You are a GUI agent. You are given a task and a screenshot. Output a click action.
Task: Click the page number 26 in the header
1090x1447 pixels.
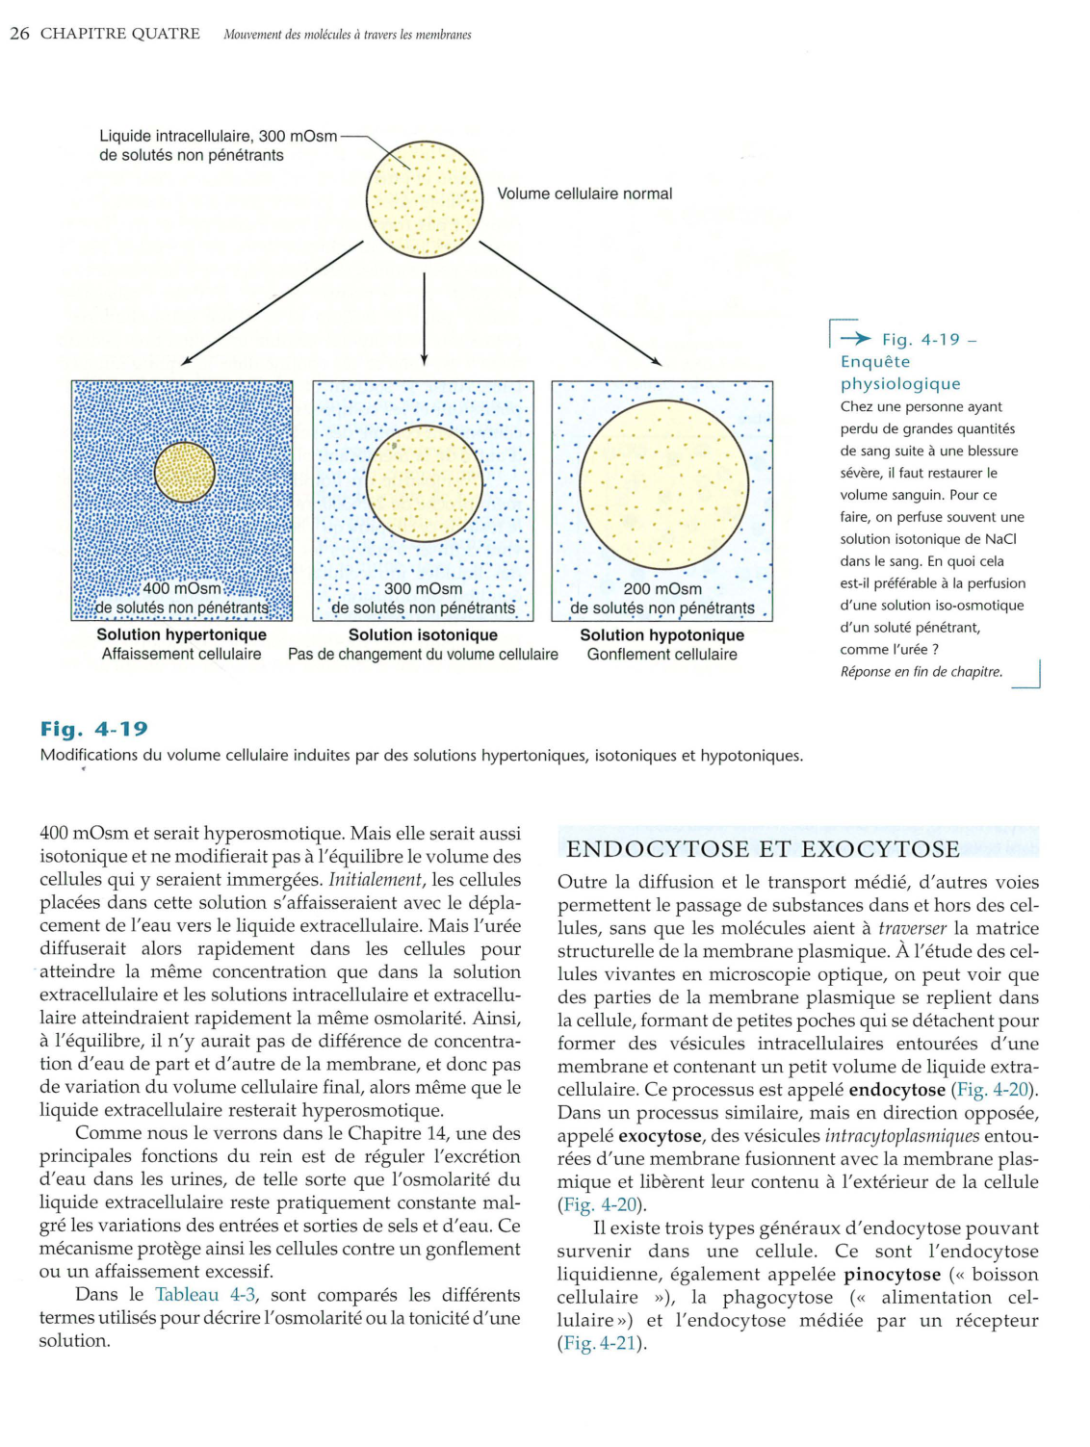pos(19,34)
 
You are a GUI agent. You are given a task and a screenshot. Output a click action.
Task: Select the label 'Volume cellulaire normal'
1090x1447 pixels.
pos(584,194)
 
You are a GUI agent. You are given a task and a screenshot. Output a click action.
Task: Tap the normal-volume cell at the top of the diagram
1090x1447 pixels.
pos(424,200)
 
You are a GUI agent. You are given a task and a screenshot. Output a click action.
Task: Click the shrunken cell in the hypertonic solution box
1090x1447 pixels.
pos(185,473)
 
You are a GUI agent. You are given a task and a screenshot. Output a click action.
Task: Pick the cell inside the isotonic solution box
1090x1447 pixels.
pos(424,483)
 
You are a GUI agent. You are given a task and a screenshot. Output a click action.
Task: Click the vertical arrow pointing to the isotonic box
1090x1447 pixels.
pos(424,319)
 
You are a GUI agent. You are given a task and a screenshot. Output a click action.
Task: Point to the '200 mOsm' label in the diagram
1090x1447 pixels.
pos(662,588)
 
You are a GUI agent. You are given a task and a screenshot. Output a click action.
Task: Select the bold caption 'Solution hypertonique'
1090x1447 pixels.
pos(181,634)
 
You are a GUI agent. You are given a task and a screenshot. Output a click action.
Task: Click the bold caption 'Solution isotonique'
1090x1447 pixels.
pos(423,634)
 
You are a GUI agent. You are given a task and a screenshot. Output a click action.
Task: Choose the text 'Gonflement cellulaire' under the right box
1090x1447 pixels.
pos(662,655)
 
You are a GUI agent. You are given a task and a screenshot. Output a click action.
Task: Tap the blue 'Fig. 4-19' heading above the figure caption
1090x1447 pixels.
pos(94,729)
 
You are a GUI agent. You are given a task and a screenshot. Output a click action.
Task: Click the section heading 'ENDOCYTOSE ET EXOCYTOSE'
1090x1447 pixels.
pos(763,848)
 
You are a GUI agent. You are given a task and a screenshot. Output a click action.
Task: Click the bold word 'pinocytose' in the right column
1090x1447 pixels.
pos(892,1275)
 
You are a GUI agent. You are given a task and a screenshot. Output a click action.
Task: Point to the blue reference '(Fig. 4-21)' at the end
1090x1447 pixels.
pos(602,1343)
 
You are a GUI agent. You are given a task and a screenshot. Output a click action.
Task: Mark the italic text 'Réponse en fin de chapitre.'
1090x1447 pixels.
pos(921,672)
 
